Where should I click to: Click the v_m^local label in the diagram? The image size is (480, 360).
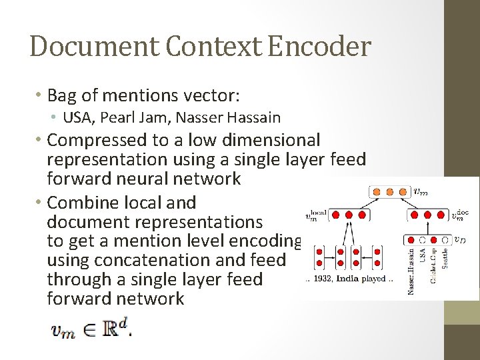coord(316,215)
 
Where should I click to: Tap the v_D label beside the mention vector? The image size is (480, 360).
coord(459,239)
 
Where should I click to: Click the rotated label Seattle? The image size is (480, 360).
coord(445,259)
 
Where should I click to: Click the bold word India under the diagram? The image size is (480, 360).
coord(352,279)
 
